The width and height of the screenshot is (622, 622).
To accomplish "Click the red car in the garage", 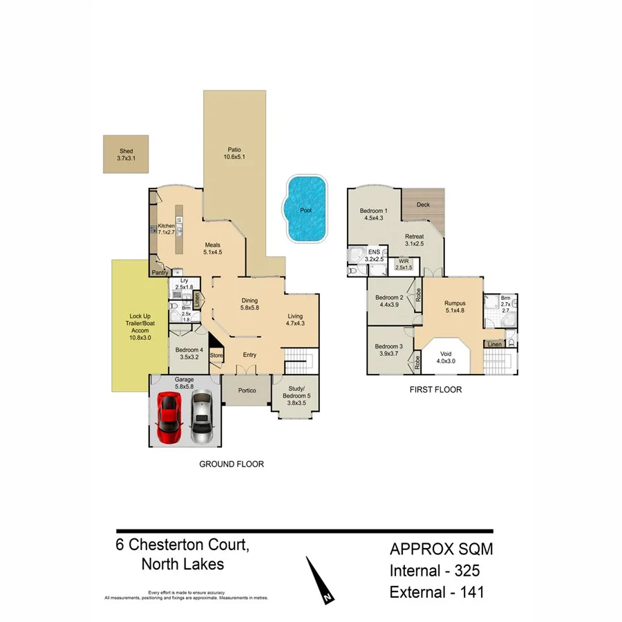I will pyautogui.click(x=169, y=417).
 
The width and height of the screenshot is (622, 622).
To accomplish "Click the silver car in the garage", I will pyautogui.click(x=201, y=417).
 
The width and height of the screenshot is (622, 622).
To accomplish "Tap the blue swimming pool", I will pyautogui.click(x=305, y=209).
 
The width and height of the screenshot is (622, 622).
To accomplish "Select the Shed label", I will pyautogui.click(x=125, y=151).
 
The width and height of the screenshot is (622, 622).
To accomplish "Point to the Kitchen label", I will pyautogui.click(x=166, y=226).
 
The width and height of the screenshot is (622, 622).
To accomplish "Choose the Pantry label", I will pyautogui.click(x=161, y=273).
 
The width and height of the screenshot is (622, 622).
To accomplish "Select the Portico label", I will pyautogui.click(x=247, y=390).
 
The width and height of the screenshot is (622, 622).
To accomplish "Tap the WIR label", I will pyautogui.click(x=403, y=262).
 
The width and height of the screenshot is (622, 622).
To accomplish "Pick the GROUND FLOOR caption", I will pyautogui.click(x=232, y=464).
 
